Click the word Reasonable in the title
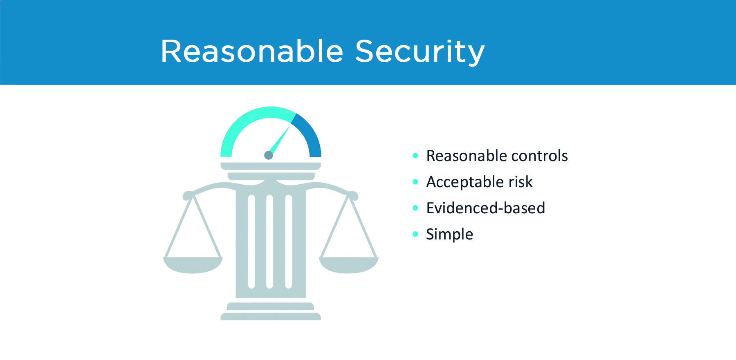click(252, 51)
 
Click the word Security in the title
click(420, 52)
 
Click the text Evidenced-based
click(485, 208)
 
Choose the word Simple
click(449, 235)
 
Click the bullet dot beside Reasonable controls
click(415, 155)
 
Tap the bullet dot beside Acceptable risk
click(415, 181)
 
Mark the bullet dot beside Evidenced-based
click(415, 208)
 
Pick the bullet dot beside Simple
click(415, 234)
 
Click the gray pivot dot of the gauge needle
click(269, 155)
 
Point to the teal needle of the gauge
click(279, 140)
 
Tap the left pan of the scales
click(193, 265)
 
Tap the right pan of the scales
click(349, 265)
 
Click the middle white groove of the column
click(269, 242)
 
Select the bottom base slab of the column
click(271, 316)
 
